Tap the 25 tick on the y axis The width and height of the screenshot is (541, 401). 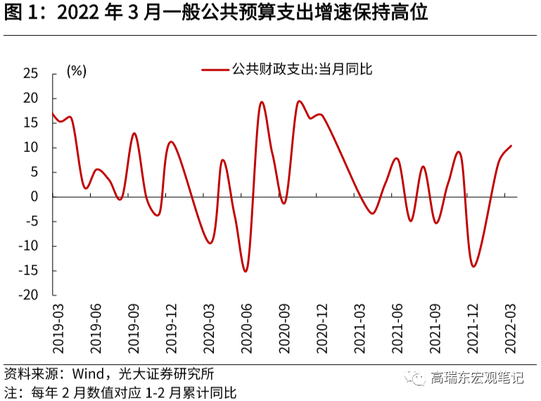point(30,74)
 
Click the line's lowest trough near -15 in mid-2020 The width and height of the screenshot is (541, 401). point(246,272)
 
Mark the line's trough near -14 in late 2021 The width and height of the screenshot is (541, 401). point(473,266)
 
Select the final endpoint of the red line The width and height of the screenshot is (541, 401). point(511,146)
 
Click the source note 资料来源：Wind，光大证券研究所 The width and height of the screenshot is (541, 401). point(109,374)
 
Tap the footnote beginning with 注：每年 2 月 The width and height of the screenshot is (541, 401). point(120,392)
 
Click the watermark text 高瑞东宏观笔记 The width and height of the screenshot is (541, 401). point(477,378)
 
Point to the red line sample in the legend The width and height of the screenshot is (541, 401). point(215,70)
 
